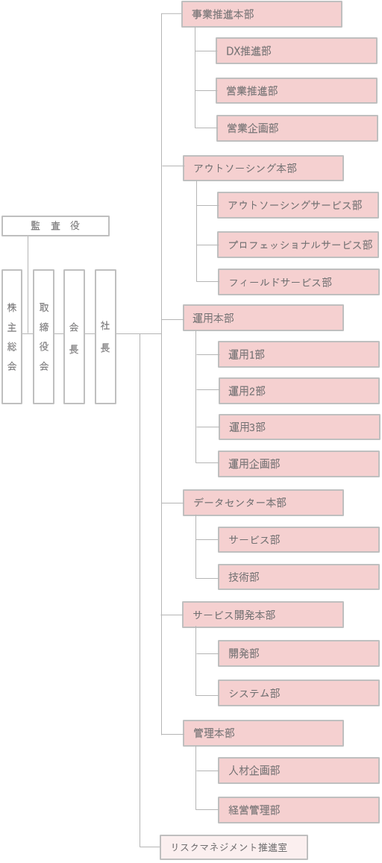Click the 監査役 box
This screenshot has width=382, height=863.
coord(56,226)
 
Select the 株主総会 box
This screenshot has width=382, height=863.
coord(12,337)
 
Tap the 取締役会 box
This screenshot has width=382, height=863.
coord(43,337)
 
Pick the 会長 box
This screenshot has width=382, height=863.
coord(75,337)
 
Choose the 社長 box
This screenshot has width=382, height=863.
coord(106,337)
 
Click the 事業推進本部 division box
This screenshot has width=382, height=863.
coord(262,14)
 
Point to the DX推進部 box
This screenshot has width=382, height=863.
coord(297,51)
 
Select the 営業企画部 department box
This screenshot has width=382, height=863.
coord(297,128)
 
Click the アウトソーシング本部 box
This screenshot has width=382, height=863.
coord(263,169)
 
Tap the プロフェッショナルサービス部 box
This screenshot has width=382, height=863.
coord(298,245)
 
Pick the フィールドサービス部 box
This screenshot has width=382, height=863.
coord(299,283)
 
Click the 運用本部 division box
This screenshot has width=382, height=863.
coord(263,318)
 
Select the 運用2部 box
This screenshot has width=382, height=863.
coord(299,392)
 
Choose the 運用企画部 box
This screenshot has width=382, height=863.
coord(299,464)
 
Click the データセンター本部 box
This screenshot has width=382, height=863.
coord(263,503)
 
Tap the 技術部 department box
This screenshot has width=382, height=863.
coord(299,577)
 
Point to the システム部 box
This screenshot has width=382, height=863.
coord(299,694)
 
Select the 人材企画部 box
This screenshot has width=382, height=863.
coord(299,771)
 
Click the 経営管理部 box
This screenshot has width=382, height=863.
coord(299,810)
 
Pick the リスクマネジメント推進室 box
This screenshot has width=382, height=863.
coord(234,847)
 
